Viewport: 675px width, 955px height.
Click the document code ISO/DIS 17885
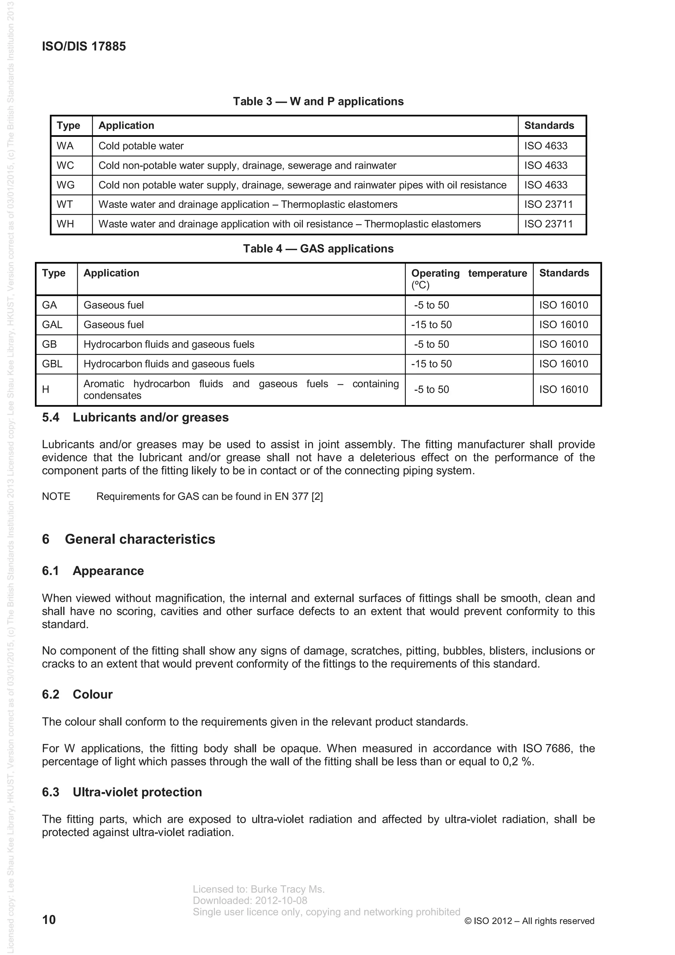coord(84,46)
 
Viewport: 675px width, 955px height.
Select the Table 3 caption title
coord(318,101)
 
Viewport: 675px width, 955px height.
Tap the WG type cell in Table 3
coord(66,185)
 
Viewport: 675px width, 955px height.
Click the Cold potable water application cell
coord(141,146)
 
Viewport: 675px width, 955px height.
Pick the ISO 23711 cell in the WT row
coord(548,205)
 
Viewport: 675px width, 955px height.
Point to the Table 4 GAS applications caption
coord(318,249)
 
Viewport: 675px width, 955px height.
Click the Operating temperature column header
coord(469,279)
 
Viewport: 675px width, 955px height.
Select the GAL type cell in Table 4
coord(52,325)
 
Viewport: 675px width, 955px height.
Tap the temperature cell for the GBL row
coord(431,364)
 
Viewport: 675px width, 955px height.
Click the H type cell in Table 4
coord(46,390)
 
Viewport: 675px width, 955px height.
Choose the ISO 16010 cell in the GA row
coord(564,305)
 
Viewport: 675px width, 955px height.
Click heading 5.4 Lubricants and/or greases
coord(135,418)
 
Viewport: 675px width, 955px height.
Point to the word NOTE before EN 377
coord(56,497)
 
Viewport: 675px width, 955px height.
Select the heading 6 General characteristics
coord(129,539)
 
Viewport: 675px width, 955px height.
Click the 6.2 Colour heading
coord(77,695)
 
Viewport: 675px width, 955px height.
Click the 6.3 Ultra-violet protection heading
coord(122,792)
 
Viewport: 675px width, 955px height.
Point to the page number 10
coord(49,920)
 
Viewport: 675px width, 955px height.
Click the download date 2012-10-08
coord(281,901)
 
